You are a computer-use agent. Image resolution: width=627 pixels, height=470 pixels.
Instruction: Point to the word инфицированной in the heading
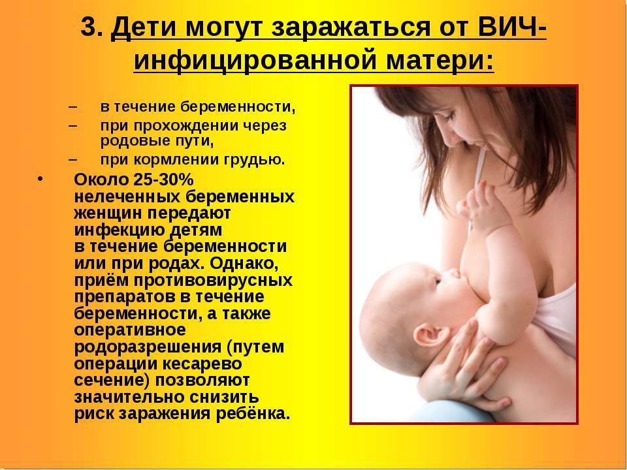coord(254,61)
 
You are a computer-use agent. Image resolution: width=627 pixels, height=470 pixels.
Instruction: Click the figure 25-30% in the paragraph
coord(163,180)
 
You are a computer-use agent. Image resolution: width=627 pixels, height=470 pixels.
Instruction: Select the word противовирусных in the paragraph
coord(214,281)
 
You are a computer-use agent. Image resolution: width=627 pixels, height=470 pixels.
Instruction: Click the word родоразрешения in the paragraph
coord(148,347)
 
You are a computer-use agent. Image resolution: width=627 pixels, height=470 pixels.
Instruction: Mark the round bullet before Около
coord(40,178)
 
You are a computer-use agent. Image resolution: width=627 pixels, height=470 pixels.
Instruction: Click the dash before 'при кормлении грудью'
coord(72,159)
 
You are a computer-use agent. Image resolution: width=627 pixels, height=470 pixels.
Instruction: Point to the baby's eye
coord(437,281)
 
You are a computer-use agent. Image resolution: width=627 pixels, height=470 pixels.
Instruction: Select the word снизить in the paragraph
coord(224,397)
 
